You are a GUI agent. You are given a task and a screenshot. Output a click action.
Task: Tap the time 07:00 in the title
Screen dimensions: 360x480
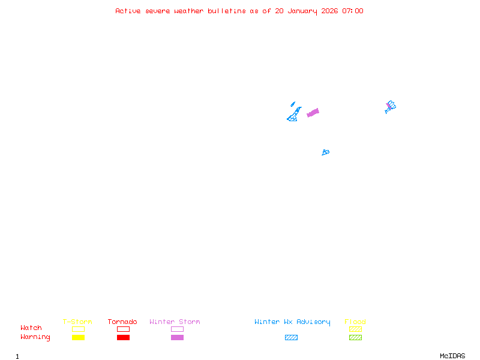[x=353, y=11]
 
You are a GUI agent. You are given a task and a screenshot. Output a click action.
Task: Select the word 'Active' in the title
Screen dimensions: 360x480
[x=128, y=11]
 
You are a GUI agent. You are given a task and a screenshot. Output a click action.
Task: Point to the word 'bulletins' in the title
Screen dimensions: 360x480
[x=227, y=11]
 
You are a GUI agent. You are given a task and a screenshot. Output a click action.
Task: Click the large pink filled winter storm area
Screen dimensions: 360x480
[x=313, y=112]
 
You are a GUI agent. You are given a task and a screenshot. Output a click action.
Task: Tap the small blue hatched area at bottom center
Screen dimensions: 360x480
[x=325, y=152]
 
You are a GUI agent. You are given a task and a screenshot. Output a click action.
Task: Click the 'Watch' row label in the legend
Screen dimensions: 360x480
[x=31, y=328]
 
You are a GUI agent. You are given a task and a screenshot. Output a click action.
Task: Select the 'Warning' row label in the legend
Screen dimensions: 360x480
[x=35, y=337]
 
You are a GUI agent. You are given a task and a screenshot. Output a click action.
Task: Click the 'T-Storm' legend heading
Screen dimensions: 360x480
[x=77, y=322]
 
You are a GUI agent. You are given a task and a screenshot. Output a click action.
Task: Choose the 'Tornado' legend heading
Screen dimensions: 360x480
[x=122, y=322]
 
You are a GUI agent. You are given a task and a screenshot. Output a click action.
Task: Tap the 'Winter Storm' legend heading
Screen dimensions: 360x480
[x=175, y=322]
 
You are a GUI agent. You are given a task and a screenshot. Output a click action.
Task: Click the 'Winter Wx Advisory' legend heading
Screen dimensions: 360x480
[x=292, y=322]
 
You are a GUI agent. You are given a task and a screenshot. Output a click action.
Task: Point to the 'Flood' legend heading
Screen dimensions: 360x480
[x=355, y=322]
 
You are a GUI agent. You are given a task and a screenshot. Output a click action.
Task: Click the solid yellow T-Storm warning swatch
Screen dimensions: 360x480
[x=78, y=337]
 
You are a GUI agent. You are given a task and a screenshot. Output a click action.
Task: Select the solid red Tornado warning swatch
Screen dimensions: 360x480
[x=123, y=337]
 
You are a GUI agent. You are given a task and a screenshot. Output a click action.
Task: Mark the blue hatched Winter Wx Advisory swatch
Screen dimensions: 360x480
[x=291, y=337]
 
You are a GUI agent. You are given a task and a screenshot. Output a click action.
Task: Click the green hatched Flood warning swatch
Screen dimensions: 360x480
[x=355, y=337]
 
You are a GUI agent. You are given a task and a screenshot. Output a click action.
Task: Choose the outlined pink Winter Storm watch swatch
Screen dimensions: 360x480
[x=177, y=329]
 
